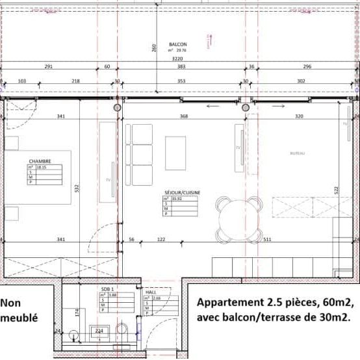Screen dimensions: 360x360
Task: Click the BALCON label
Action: (x=177, y=44)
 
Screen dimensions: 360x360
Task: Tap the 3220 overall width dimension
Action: (x=177, y=58)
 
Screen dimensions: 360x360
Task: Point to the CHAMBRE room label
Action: (x=40, y=161)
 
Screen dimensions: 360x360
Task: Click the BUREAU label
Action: (x=297, y=153)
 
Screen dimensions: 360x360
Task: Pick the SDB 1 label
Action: (x=107, y=288)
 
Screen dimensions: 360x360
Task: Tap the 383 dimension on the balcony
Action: (x=182, y=67)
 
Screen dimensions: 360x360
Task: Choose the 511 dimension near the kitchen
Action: (x=267, y=240)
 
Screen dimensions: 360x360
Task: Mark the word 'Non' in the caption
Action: (x=10, y=303)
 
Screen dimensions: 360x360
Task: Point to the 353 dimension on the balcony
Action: (x=182, y=81)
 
